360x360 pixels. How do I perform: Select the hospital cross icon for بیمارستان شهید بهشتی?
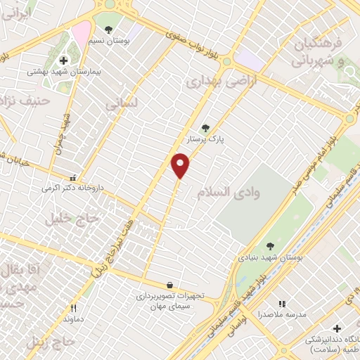click(x=63, y=60)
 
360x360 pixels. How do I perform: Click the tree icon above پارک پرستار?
click(x=205, y=128)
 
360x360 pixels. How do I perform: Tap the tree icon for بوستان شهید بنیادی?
click(x=270, y=246)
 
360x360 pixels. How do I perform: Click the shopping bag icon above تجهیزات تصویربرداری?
click(x=169, y=285)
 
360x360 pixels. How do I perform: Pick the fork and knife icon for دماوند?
click(x=72, y=308)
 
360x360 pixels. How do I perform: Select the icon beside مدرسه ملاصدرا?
click(x=282, y=304)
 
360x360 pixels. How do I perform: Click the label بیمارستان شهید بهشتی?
click(x=56, y=72)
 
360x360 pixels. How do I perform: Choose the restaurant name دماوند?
click(x=72, y=319)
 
